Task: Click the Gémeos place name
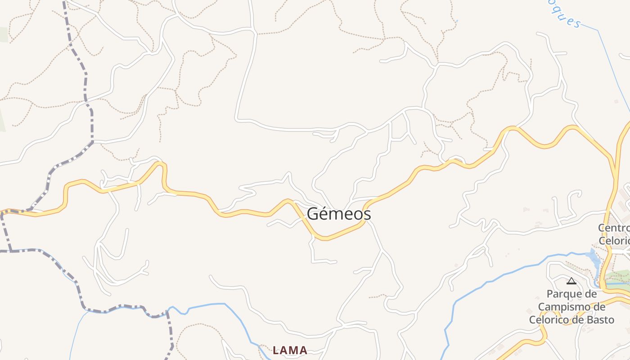point(339,214)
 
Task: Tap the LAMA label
point(290,350)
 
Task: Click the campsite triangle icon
point(571,281)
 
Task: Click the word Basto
point(599,320)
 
